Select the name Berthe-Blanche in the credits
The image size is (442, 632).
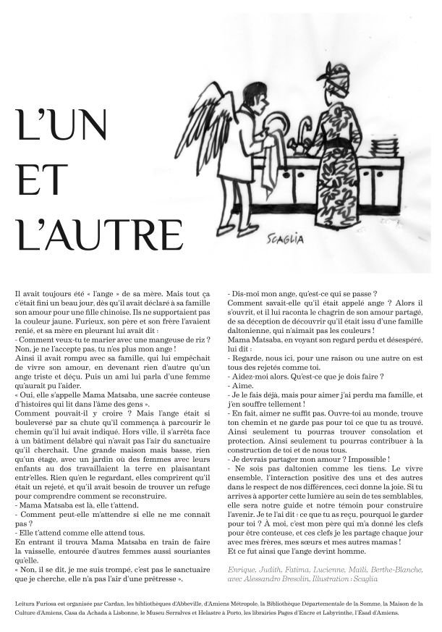[x=399, y=570]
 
